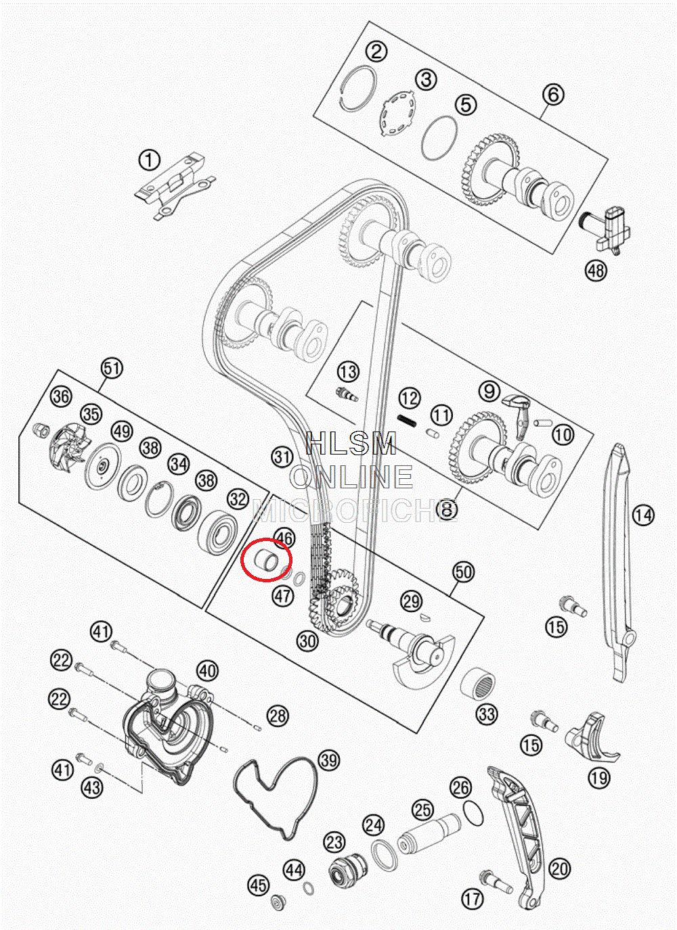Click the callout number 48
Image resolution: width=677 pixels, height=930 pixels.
tap(596, 271)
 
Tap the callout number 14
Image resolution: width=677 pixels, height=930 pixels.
tap(643, 515)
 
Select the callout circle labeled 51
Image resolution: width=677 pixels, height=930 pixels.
tap(112, 368)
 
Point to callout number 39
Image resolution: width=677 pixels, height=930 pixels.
tap(329, 760)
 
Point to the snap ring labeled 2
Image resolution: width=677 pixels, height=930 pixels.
tap(358, 88)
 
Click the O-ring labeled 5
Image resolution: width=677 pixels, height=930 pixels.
tap(439, 139)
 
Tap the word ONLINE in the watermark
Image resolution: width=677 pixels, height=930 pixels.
tap(352, 478)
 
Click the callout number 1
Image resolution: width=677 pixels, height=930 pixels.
tap(150, 161)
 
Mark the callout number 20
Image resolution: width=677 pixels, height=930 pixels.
tap(559, 868)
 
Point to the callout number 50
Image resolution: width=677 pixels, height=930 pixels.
tap(463, 572)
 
